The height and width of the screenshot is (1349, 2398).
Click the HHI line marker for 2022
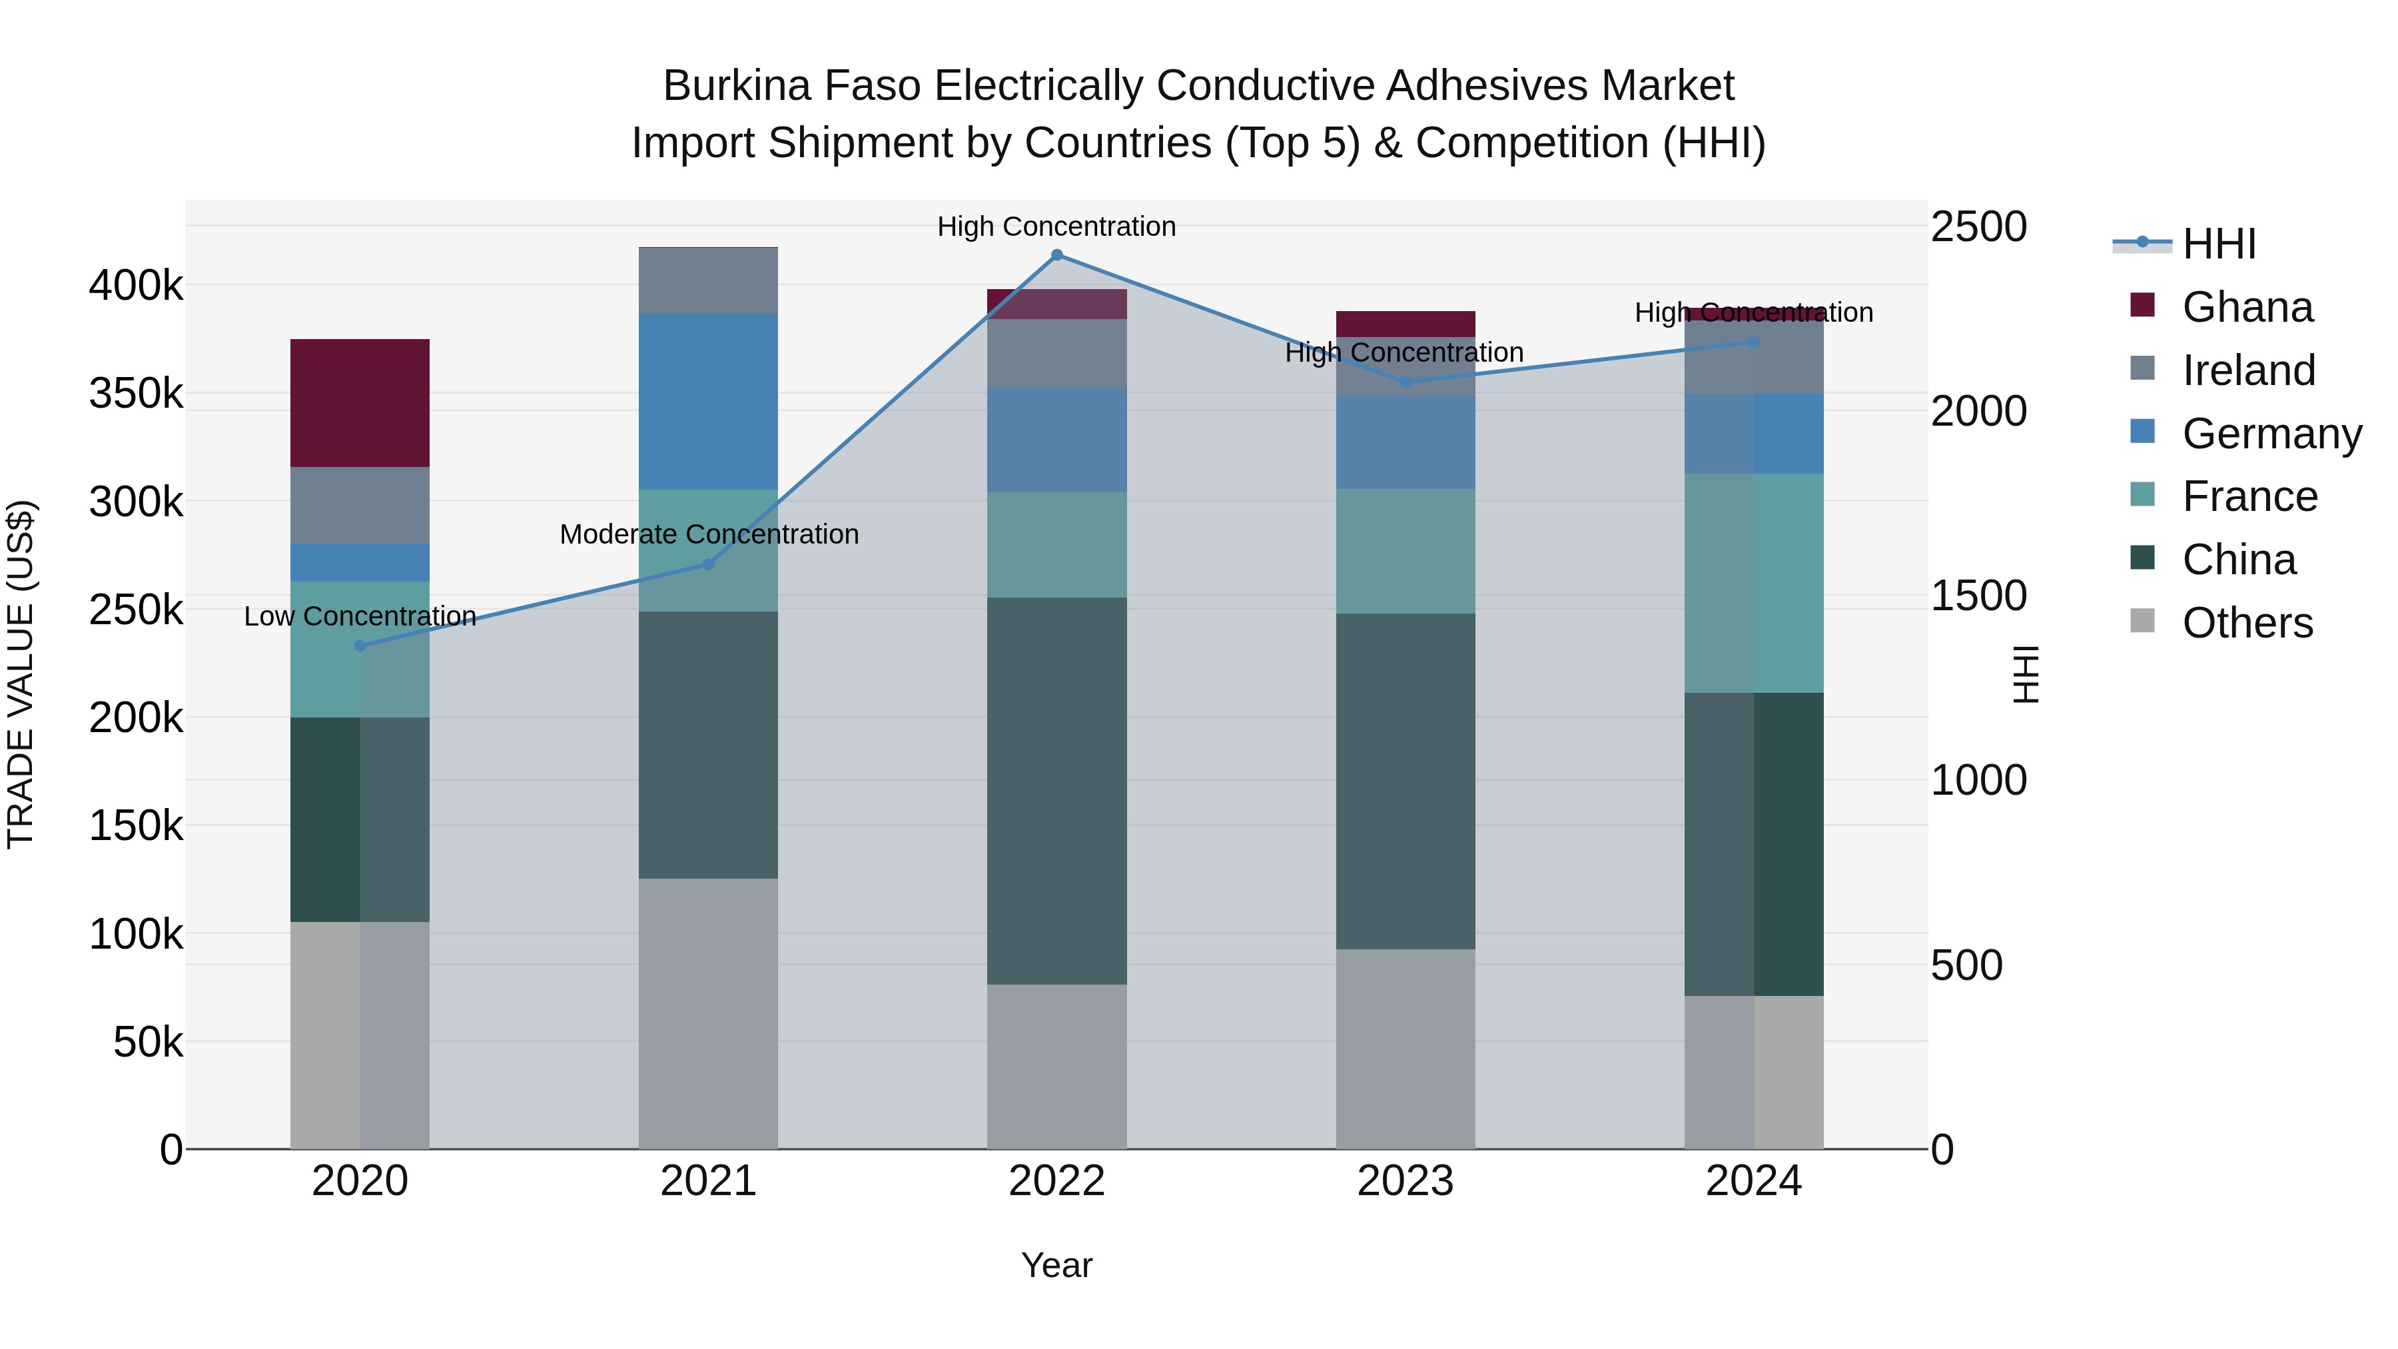click(1056, 255)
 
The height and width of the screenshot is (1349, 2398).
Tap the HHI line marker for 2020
click(360, 646)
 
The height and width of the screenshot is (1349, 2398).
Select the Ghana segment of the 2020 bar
click(360, 403)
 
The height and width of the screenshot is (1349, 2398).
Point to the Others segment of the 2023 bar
click(1405, 1049)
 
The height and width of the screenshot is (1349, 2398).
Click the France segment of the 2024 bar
click(1754, 583)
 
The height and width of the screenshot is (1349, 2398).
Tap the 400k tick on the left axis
click(136, 286)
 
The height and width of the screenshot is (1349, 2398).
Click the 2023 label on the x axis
click(1405, 1181)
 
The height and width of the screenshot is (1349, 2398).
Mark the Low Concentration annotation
click(360, 616)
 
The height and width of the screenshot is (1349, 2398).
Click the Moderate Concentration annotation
click(709, 534)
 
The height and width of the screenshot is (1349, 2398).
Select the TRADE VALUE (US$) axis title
click(21, 674)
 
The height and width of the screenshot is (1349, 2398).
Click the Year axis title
click(1056, 1265)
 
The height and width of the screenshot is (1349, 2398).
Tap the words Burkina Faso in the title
click(791, 86)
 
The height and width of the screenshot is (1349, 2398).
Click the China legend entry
click(2238, 560)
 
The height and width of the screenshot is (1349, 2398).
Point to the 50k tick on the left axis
click(147, 1043)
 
